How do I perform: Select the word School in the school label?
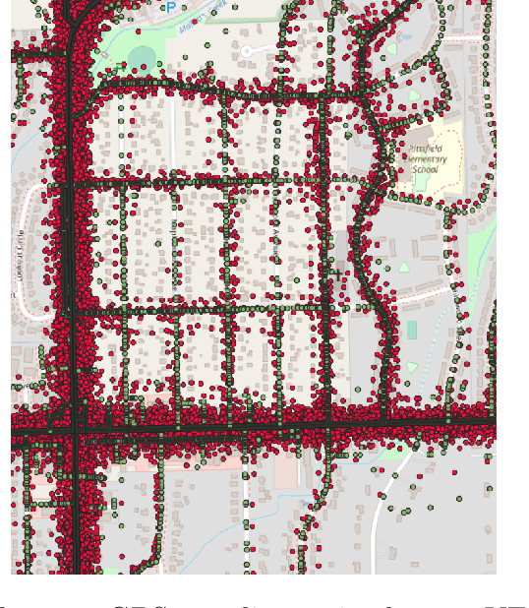tap(426, 168)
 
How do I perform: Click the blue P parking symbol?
tap(171, 8)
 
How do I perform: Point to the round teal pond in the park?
tap(144, 56)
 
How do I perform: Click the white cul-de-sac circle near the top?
tap(248, 49)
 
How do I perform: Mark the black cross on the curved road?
tap(339, 274)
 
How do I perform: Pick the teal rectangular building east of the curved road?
tap(411, 329)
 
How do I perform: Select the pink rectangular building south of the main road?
tap(286, 473)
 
